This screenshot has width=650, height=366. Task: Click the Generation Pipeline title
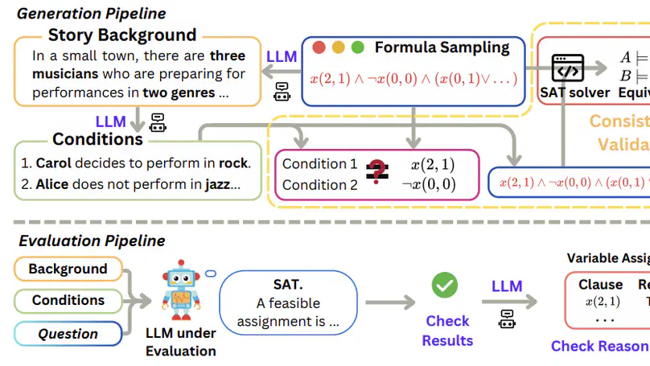[x=92, y=14]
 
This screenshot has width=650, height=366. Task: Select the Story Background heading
[x=122, y=35]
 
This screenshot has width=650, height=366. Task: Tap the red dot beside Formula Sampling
[x=319, y=47]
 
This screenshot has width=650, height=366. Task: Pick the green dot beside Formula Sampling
[x=358, y=47]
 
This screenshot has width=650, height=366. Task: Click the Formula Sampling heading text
[x=442, y=47]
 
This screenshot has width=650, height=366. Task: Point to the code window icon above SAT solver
[x=568, y=70]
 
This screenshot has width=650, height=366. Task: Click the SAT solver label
[x=578, y=93]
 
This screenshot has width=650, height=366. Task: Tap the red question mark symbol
[x=376, y=173]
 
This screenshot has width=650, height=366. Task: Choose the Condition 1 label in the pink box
[x=319, y=164]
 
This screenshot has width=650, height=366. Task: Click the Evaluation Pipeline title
[x=92, y=241]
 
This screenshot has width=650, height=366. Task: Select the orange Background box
[x=68, y=269]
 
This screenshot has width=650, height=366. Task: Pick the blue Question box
[x=68, y=334]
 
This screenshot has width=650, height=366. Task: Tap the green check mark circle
[x=444, y=285]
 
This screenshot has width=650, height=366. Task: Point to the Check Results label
[x=447, y=331]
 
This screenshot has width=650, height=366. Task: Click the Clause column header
[x=600, y=285]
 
